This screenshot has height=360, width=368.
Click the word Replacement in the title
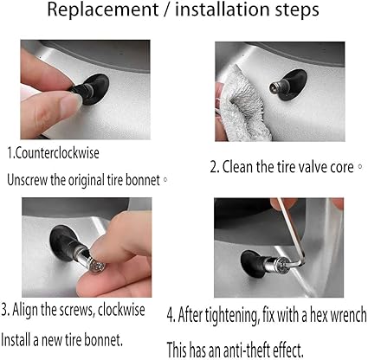[x=102, y=10]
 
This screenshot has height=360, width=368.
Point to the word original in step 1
[x=87, y=181]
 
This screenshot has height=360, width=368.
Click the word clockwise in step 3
[x=121, y=310]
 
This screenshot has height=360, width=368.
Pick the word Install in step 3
[x=16, y=339]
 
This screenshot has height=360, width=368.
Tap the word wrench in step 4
[x=348, y=315]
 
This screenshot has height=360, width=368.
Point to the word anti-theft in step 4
[x=246, y=350]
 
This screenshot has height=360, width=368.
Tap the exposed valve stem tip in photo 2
[x=274, y=87]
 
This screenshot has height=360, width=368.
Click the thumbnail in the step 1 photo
[x=71, y=101]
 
